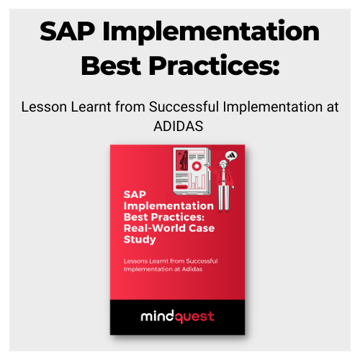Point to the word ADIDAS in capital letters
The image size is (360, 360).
point(180,125)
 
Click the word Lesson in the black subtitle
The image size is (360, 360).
point(43,107)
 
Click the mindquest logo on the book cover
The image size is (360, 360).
point(177,316)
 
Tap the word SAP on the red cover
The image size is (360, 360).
point(135,194)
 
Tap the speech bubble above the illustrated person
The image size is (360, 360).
point(232,154)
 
